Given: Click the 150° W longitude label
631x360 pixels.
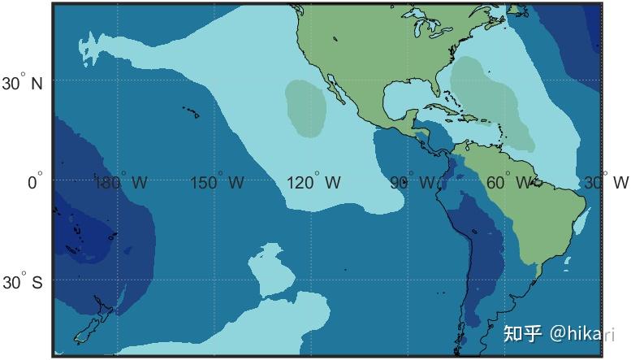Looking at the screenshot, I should click(217, 183).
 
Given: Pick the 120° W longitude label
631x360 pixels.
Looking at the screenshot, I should click(313, 183).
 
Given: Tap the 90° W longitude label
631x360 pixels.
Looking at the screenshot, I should click(412, 183).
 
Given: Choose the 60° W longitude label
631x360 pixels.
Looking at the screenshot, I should click(509, 181).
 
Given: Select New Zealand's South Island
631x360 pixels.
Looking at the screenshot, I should click(86, 329).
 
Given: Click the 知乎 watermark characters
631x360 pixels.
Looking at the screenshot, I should click(523, 333).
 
